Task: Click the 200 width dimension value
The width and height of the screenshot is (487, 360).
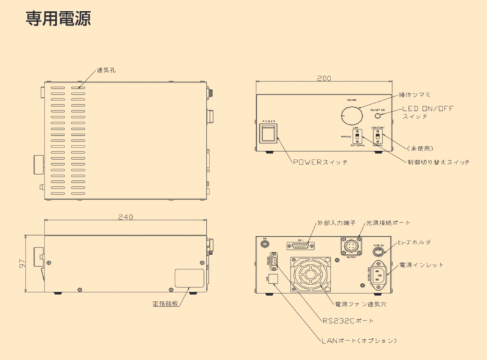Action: [x=324, y=79]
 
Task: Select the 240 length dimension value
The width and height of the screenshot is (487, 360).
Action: [x=125, y=217]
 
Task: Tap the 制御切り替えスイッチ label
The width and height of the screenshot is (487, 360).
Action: [x=438, y=163]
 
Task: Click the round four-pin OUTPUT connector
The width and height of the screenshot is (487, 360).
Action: [x=353, y=246]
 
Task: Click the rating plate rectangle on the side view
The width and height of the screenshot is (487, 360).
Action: [x=189, y=278]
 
